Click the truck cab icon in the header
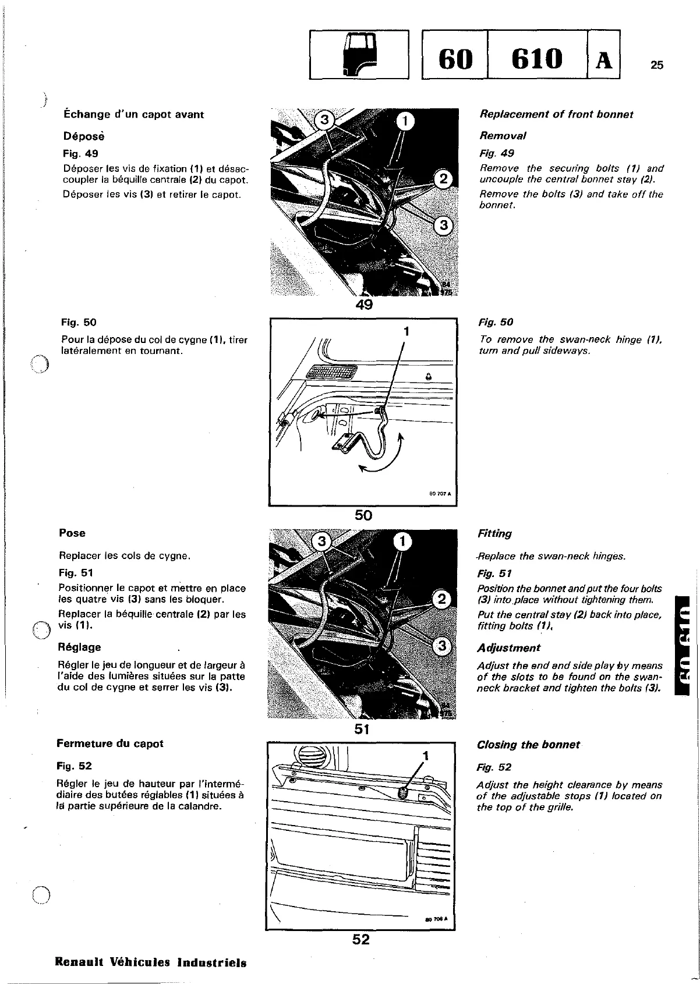point(359,54)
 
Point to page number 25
point(656,65)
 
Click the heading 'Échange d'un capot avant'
point(134,114)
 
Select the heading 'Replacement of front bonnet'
point(556,114)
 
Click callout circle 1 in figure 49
point(405,121)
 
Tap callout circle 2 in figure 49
point(443,179)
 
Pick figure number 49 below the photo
point(364,305)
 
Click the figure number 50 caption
point(363,515)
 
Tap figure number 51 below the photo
point(362,728)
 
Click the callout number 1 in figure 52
point(426,756)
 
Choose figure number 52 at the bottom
point(361,939)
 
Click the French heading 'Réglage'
point(79,647)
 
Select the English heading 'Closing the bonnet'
point(528,745)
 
